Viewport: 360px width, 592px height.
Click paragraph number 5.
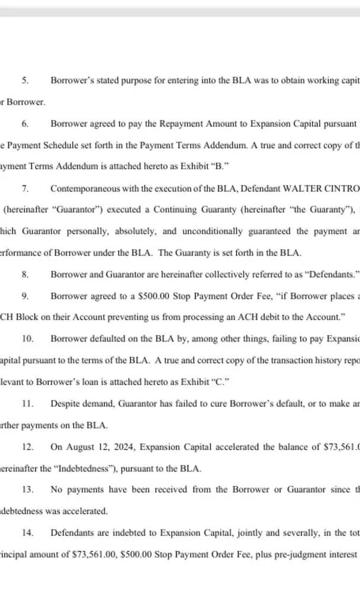point(25,79)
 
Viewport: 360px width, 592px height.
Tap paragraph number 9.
point(25,295)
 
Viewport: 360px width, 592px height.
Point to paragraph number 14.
point(27,533)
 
